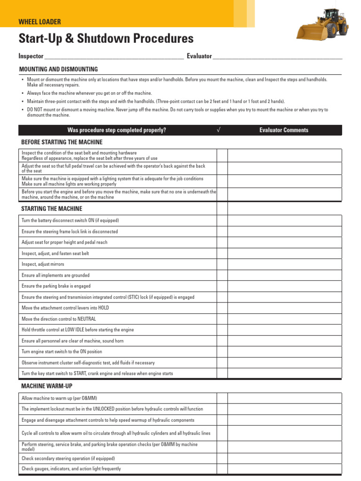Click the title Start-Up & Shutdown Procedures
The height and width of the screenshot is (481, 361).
(x=106, y=39)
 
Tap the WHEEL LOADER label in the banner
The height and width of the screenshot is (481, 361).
(x=39, y=22)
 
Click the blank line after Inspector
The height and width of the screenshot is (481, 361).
(x=113, y=57)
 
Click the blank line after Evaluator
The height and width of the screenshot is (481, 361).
(x=277, y=57)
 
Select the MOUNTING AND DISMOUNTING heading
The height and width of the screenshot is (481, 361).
(x=58, y=69)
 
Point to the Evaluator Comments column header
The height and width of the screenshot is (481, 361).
(x=284, y=130)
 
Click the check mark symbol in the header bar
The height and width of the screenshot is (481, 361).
(x=219, y=130)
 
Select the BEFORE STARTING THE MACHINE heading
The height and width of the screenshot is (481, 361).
(x=62, y=142)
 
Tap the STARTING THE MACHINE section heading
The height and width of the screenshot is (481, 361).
(x=52, y=209)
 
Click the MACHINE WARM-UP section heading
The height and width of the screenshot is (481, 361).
(x=47, y=386)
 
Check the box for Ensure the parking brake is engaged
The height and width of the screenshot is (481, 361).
(x=222, y=286)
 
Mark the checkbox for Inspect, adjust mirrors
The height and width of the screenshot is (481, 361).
(x=222, y=264)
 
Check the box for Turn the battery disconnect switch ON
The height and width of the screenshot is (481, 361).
(x=222, y=220)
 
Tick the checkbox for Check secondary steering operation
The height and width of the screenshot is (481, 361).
(x=222, y=458)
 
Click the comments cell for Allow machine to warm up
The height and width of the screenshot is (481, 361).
(x=284, y=398)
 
